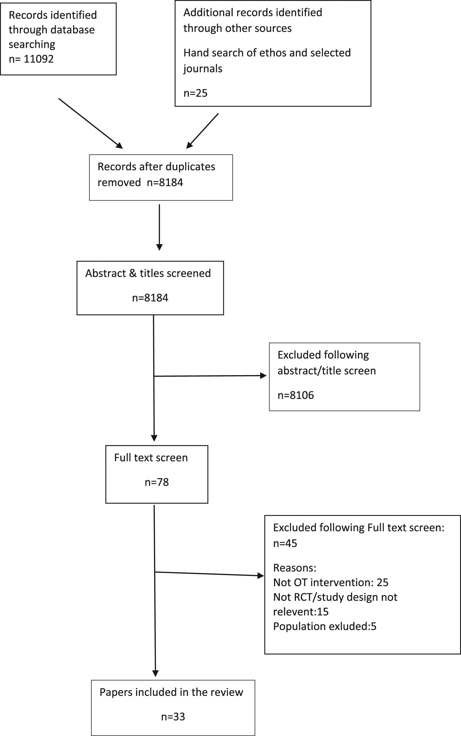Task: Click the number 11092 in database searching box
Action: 38,59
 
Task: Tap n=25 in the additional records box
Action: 195,93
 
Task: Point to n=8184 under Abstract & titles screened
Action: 150,297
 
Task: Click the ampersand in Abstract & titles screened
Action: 133,273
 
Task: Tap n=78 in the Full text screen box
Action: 157,482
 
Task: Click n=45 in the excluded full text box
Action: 285,543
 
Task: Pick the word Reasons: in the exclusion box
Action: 295,568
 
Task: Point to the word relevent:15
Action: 301,612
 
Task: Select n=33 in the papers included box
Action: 173,717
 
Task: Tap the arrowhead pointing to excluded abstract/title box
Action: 263,376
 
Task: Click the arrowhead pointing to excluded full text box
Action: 261,575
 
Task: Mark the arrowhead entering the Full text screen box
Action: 154,438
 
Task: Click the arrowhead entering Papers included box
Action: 155,673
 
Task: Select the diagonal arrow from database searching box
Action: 91,123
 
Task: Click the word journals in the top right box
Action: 203,69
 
